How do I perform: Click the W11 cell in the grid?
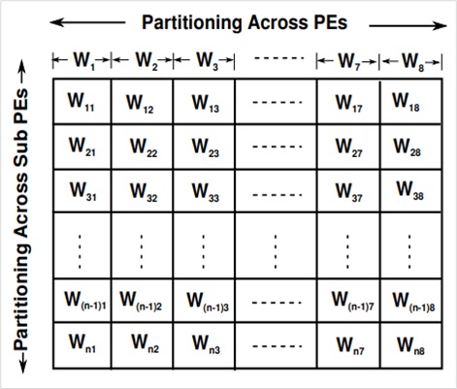point(82,102)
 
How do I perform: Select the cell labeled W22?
point(143,146)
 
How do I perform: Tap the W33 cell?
point(205,191)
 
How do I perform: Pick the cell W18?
point(410,102)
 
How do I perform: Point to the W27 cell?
point(348,146)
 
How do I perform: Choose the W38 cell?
point(410,191)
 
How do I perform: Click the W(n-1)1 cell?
point(82,301)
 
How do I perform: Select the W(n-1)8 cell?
point(410,301)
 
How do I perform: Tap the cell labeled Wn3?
point(205,345)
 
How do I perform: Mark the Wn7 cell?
point(348,345)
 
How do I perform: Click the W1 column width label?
point(82,60)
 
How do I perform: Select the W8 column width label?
point(410,61)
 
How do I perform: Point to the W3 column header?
point(204,60)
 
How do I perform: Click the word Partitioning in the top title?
point(192,23)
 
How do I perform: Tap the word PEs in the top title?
point(331,22)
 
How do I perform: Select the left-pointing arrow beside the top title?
point(87,22)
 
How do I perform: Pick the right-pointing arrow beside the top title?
point(408,25)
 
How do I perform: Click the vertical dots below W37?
point(347,251)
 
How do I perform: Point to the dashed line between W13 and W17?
point(277,103)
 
